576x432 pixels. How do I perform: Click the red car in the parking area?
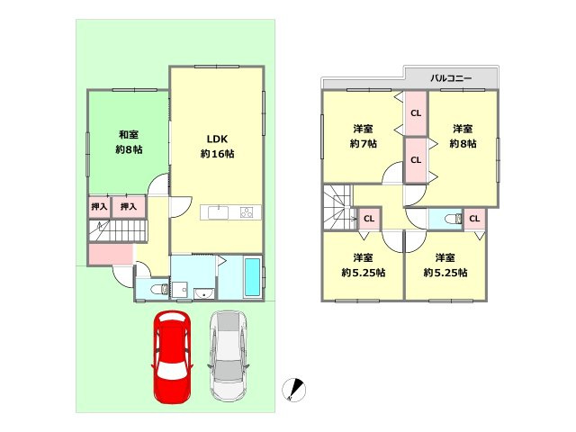coord(172,357)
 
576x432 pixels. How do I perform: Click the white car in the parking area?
coord(228,356)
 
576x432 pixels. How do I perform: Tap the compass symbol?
coord(294,390)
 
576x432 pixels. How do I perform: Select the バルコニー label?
coord(451,78)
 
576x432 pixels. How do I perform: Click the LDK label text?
coord(217,139)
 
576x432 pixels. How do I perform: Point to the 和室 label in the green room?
coord(129,134)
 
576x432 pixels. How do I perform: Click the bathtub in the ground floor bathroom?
coord(252,277)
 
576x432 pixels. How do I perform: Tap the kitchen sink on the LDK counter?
coord(218,212)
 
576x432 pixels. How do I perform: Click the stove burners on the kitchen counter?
coord(247,212)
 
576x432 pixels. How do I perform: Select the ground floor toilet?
coord(159,290)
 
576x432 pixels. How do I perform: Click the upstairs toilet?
coord(453,220)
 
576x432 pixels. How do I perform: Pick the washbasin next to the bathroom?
coord(204,293)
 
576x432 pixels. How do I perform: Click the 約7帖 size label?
coord(363,144)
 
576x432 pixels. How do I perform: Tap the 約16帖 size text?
coord(217,154)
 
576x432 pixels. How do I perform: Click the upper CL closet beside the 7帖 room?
coord(416,113)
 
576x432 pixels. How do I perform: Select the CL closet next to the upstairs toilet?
coord(474,219)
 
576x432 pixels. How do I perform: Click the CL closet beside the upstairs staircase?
coord(369,219)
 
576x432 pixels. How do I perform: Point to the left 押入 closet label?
coord(99,207)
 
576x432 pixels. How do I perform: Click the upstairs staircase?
coord(338,208)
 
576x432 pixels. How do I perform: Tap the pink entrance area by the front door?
coord(111,254)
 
